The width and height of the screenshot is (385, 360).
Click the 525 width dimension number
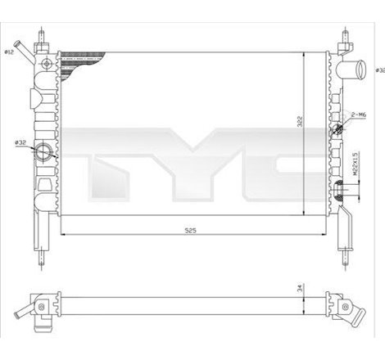(191, 231)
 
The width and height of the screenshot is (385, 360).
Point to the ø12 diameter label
(10, 52)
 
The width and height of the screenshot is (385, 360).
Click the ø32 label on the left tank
(20, 143)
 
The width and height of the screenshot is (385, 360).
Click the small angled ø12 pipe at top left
(26, 53)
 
